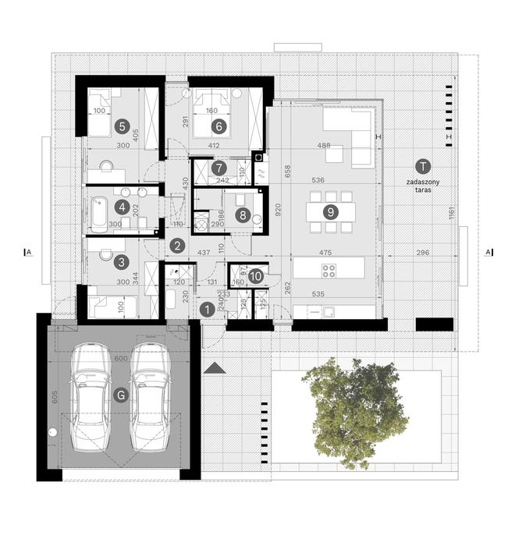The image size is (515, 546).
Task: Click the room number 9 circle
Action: pyautogui.click(x=331, y=211)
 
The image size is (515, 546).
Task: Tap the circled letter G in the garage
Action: pyautogui.click(x=119, y=395)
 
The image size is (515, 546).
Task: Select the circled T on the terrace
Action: pyautogui.click(x=422, y=166)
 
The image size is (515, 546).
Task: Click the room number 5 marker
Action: pyautogui.click(x=120, y=125)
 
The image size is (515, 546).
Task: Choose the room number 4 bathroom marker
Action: pyautogui.click(x=121, y=207)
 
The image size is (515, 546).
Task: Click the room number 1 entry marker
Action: pyautogui.click(x=207, y=309)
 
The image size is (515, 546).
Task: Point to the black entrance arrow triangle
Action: pyautogui.click(x=215, y=367)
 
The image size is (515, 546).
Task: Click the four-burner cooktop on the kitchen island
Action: pyautogui.click(x=329, y=271)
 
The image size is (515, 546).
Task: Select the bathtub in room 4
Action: pyautogui.click(x=100, y=214)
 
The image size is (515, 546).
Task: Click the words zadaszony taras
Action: pyautogui.click(x=421, y=184)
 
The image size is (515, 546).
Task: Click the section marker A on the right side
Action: pyautogui.click(x=488, y=252)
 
